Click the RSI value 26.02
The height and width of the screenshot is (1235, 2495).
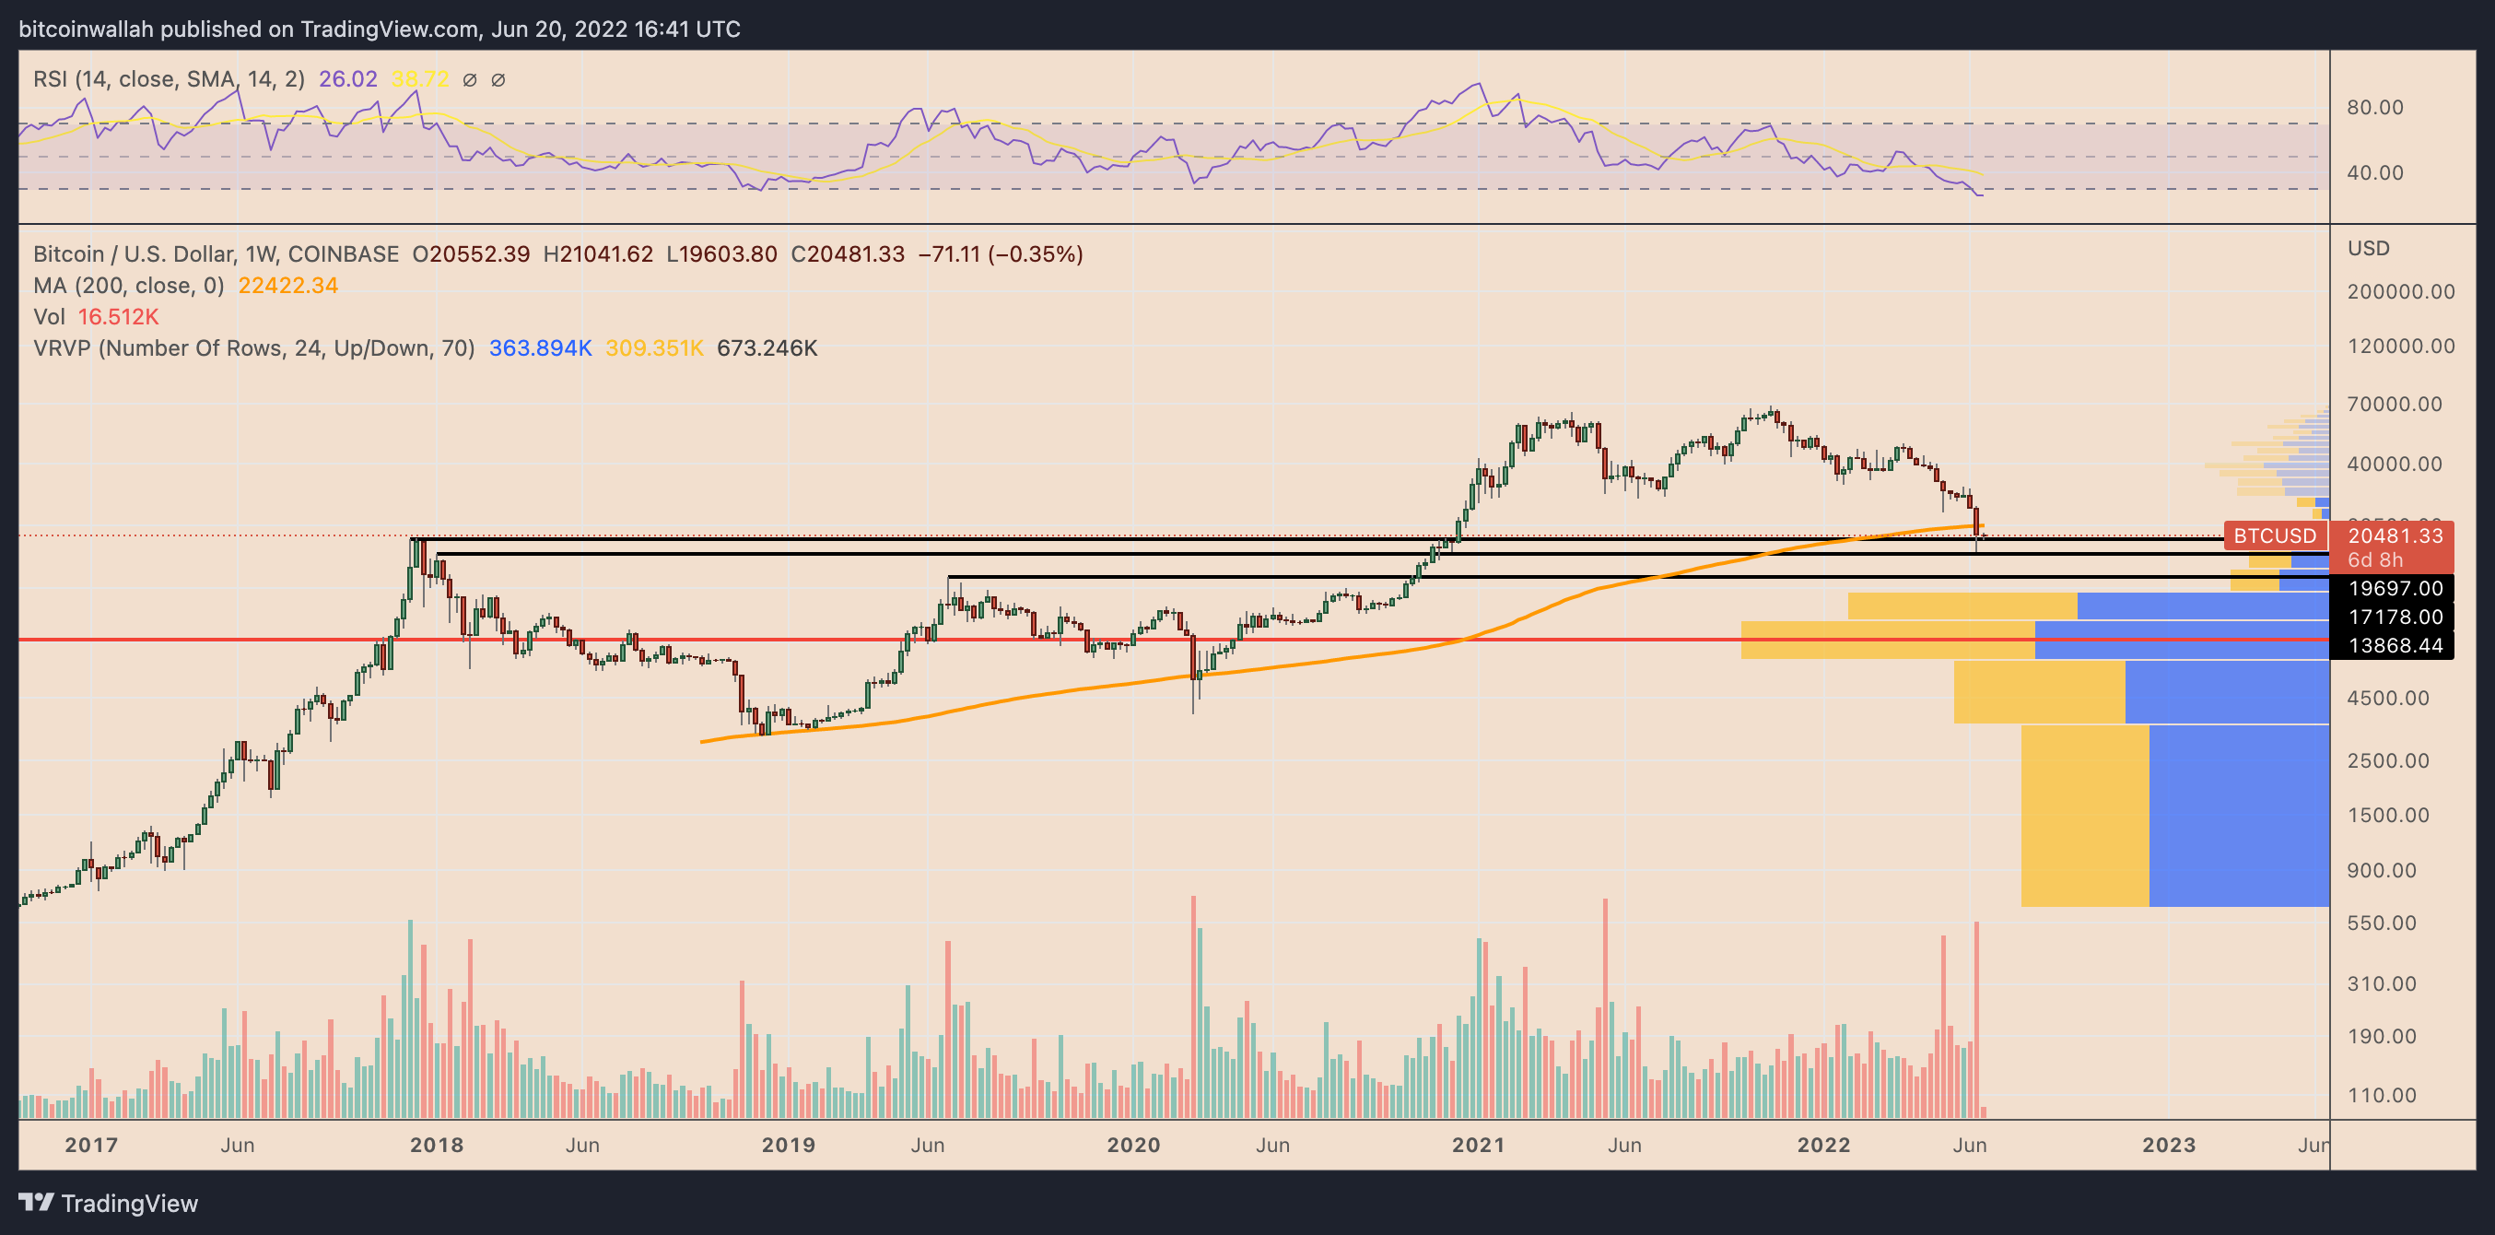[x=347, y=79]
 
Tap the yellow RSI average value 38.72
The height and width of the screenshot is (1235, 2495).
[x=420, y=79]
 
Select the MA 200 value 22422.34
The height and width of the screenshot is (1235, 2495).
[x=287, y=286]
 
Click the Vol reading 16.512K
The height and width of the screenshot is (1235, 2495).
[x=118, y=317]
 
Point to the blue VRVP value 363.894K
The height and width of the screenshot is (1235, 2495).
[x=540, y=347]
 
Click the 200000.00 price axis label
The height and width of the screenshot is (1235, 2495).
[x=2400, y=291]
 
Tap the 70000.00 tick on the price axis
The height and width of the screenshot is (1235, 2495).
[x=2394, y=404]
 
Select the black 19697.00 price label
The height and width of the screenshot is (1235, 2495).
[x=2395, y=588]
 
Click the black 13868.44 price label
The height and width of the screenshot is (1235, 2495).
[x=2395, y=646]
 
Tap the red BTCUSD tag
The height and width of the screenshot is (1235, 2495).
[x=2274, y=535]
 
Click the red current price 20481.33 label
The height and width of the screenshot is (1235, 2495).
[x=2395, y=535]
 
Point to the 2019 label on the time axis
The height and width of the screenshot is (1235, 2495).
[x=789, y=1145]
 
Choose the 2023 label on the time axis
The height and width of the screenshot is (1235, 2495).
[x=2169, y=1145]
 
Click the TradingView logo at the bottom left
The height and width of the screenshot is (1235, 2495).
[x=108, y=1203]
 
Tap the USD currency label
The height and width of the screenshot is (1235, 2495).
[x=2368, y=249]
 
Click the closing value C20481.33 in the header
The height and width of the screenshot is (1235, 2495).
[x=848, y=253]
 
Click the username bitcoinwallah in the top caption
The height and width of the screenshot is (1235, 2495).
[x=87, y=29]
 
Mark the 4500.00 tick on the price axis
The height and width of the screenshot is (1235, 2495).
[x=2387, y=699]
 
